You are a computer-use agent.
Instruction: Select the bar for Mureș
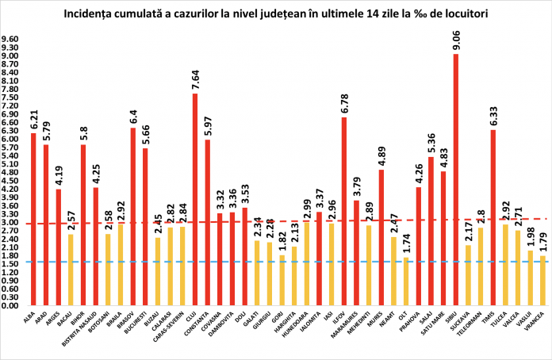tap(381, 237)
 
